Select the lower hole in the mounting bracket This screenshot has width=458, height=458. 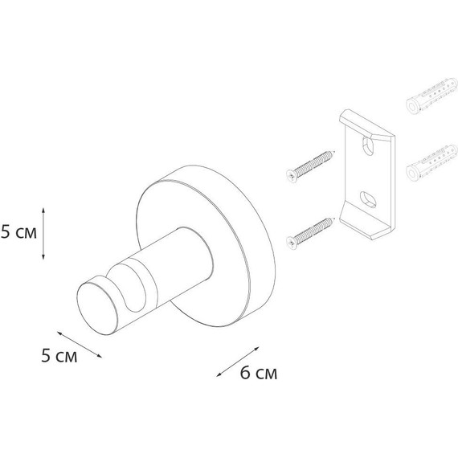366,198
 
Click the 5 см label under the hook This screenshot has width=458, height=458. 59,358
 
